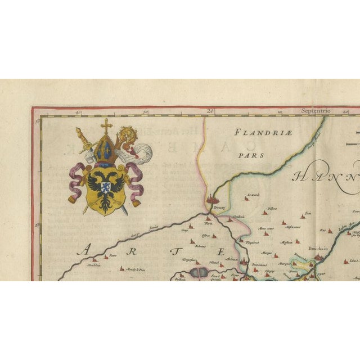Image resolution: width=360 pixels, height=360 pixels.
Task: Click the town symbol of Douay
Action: click(213, 200)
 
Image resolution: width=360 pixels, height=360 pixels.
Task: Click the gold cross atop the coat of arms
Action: click(106, 125)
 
